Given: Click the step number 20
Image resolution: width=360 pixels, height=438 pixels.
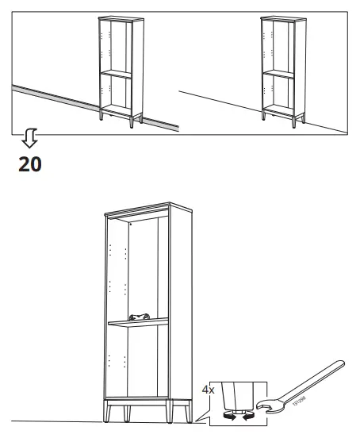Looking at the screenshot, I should point(29,164).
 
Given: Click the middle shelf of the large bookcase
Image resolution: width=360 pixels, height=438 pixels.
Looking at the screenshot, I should point(140,321).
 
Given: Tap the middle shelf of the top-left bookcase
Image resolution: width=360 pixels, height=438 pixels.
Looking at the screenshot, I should point(117,73).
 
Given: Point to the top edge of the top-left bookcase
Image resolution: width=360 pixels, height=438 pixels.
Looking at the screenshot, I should point(118,17).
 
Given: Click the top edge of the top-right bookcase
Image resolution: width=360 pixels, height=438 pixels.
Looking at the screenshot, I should point(281,17).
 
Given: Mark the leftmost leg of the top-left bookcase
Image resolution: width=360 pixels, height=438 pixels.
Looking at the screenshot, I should point(101,117).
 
